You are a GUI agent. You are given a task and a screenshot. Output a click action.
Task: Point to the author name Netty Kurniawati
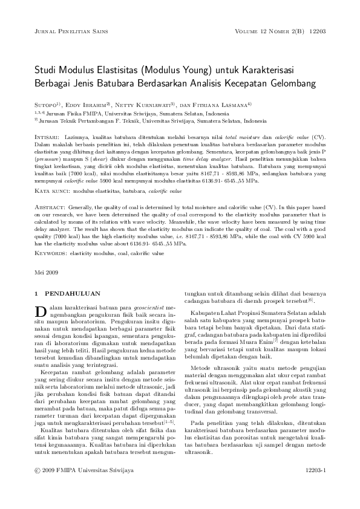148,105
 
